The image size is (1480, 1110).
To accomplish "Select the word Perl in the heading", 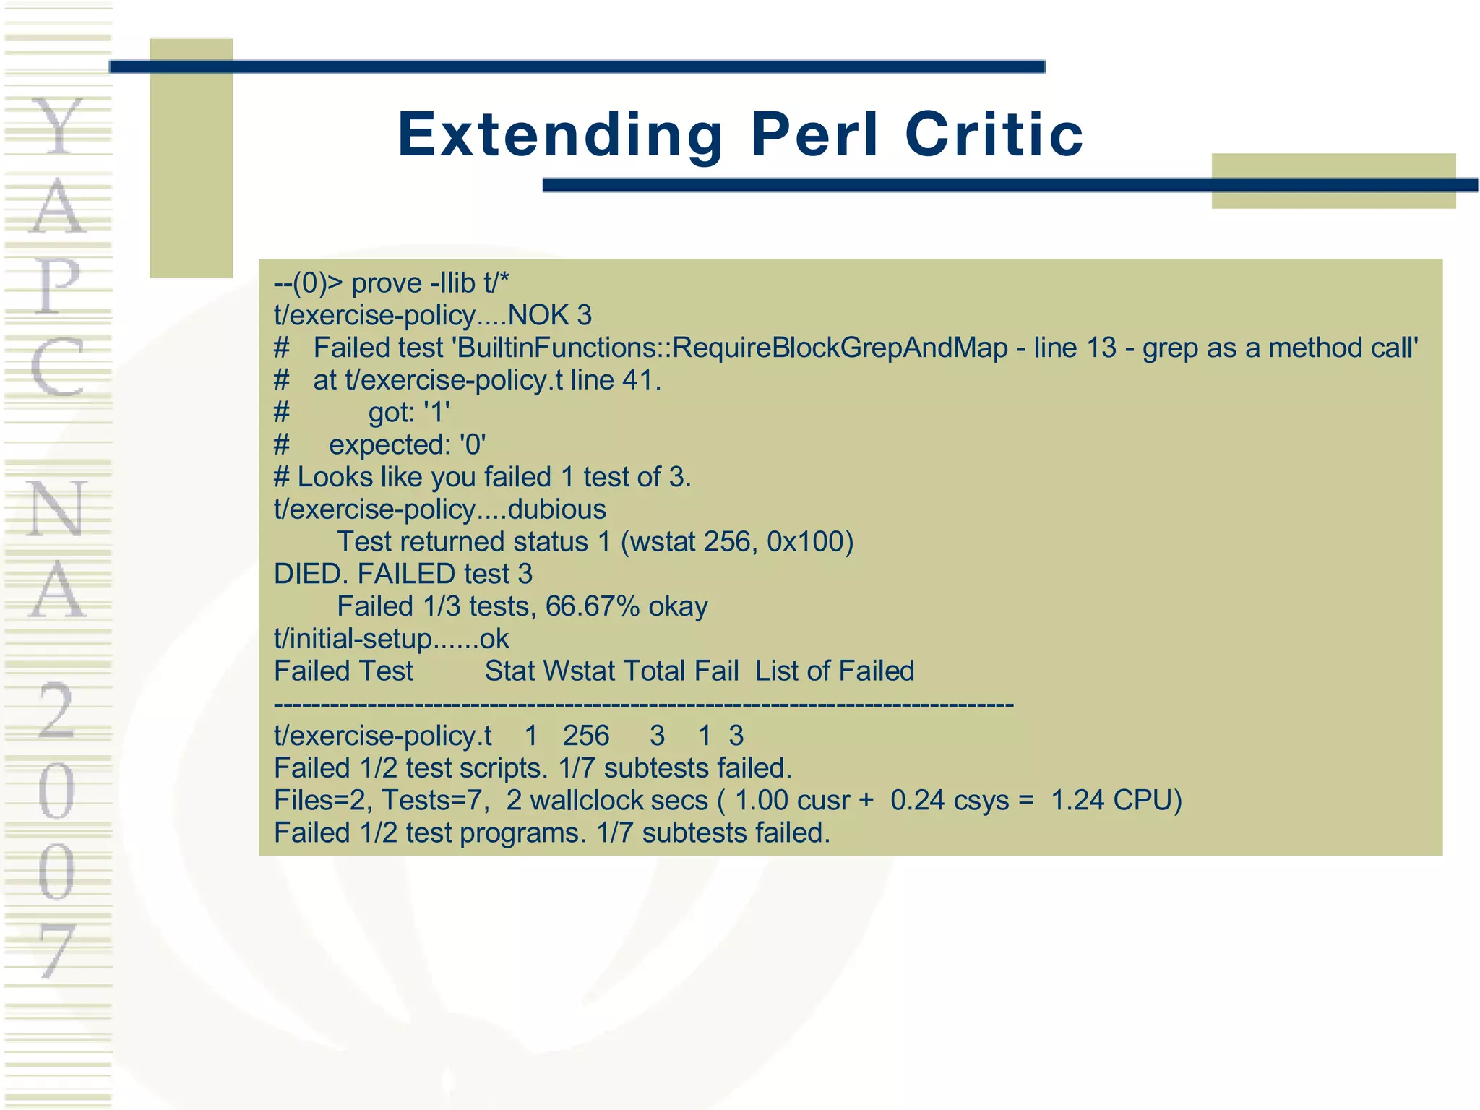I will (815, 135).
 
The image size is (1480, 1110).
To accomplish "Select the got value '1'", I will (436, 413).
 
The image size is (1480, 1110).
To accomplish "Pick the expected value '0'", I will (473, 445).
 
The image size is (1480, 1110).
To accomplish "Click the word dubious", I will (556, 509).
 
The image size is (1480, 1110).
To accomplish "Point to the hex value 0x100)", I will (810, 542).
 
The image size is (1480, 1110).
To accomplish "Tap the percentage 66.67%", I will (592, 606).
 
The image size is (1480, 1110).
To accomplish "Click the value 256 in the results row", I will (586, 736).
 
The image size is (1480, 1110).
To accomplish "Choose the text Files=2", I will (323, 801).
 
